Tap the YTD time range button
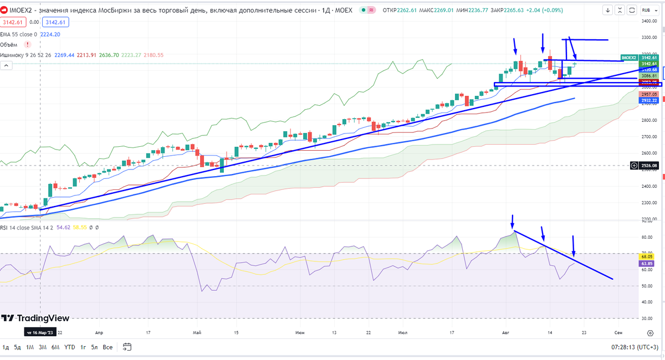pos(70,347)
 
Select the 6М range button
pos(55,347)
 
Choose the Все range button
pos(108,347)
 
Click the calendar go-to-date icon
pos(127,347)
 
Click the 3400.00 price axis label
pos(649,21)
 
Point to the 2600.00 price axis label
pos(649,153)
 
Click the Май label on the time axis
pos(196,332)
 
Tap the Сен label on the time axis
pos(618,332)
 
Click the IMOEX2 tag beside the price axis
pos(629,58)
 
